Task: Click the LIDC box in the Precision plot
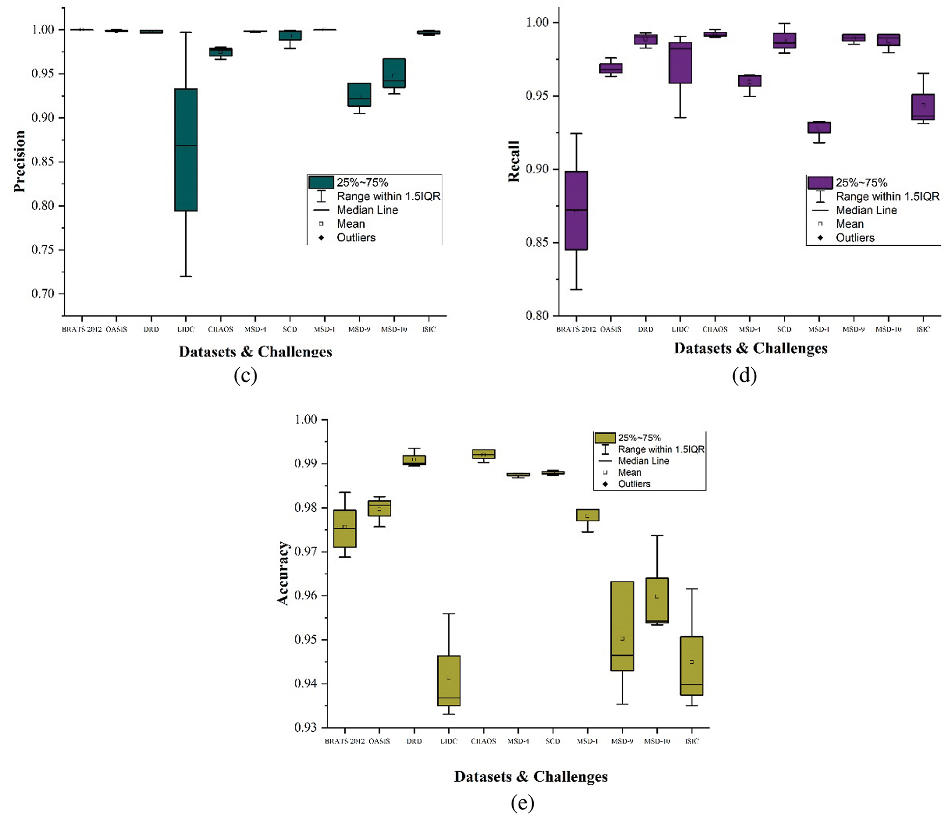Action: point(186,150)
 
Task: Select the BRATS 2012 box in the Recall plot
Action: point(576,211)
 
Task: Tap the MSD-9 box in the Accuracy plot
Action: point(622,626)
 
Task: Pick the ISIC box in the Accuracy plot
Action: point(691,665)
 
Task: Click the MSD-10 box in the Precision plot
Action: point(394,73)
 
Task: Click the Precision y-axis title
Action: point(19,161)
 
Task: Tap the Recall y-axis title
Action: point(514,161)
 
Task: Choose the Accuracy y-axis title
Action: point(283,573)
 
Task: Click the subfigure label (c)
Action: point(245,375)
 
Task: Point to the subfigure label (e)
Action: point(522,803)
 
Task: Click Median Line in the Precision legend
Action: point(367,210)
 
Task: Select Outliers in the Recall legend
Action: point(855,238)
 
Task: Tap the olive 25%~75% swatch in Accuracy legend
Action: point(605,438)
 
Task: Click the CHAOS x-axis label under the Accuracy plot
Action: point(483,741)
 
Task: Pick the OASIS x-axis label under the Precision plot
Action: point(116,329)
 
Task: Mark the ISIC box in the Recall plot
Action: point(923,107)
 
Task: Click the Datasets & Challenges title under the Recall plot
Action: point(750,348)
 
